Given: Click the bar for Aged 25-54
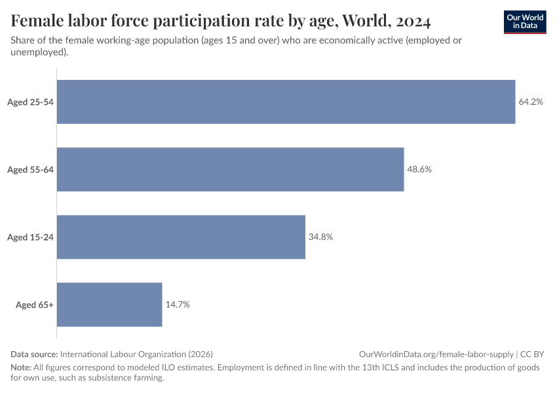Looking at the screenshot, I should click(x=286, y=102).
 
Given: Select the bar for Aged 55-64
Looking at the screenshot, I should click(x=231, y=169).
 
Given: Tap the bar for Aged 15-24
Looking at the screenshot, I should click(x=182, y=237).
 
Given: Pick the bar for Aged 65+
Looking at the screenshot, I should click(x=109, y=305).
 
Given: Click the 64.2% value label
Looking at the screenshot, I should click(x=531, y=102).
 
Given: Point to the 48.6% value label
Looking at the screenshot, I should click(x=419, y=170).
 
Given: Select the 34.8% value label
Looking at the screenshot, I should click(x=321, y=237).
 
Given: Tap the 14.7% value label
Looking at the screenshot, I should click(x=178, y=305).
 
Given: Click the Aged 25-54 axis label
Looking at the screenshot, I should click(x=30, y=102).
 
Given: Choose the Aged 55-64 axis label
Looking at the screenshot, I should click(x=30, y=170).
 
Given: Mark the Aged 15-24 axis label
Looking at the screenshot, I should click(x=30, y=237).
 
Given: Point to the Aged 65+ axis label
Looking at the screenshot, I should click(x=35, y=305).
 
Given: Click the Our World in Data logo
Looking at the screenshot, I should click(x=525, y=22).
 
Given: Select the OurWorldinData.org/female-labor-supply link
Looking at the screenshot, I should click(x=436, y=354).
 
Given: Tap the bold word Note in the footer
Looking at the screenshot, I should click(x=21, y=367).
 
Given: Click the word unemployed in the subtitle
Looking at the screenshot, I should click(x=38, y=52).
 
